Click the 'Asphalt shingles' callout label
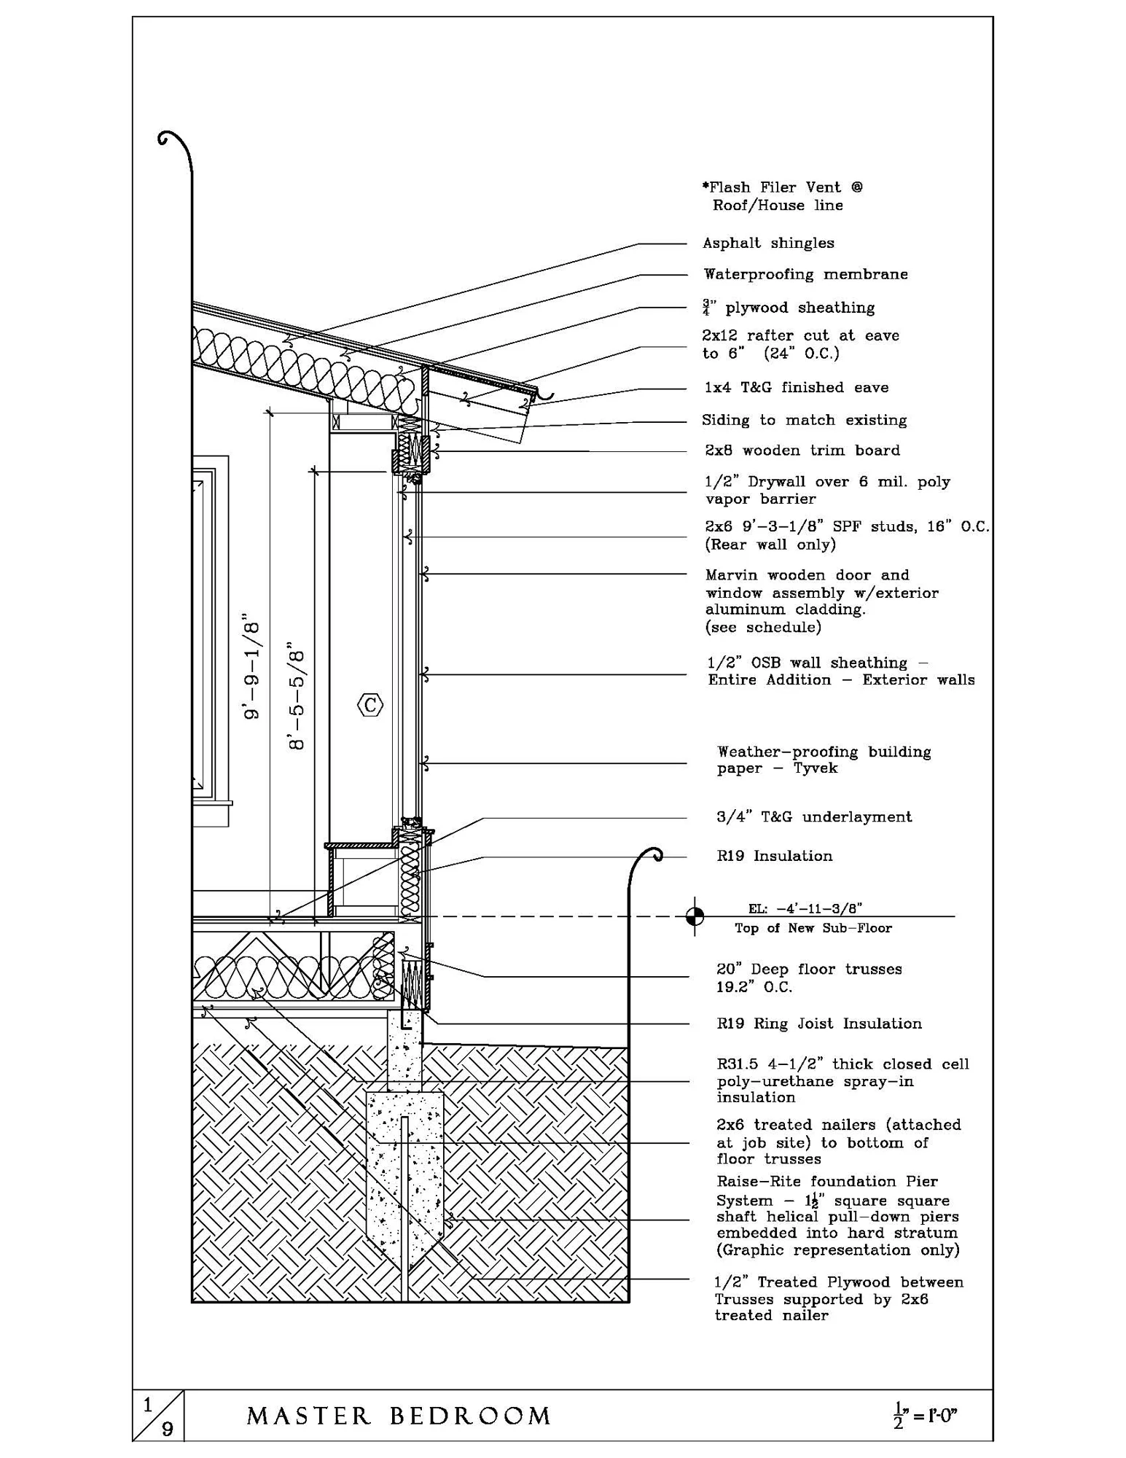(768, 243)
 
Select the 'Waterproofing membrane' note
(805, 274)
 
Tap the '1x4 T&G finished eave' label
(796, 387)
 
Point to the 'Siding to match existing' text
(804, 420)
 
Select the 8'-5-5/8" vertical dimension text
(296, 696)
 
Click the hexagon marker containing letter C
(370, 705)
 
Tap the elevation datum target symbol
(695, 916)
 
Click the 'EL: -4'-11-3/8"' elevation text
(805, 908)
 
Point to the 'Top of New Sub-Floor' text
(813, 928)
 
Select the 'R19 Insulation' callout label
(774, 856)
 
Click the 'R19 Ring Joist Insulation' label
(818, 1024)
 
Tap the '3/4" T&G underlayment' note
(813, 817)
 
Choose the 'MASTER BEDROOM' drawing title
(399, 1416)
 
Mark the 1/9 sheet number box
(158, 1416)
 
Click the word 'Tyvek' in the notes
(815, 768)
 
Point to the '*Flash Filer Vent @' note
(782, 187)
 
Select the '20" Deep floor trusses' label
(809, 969)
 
